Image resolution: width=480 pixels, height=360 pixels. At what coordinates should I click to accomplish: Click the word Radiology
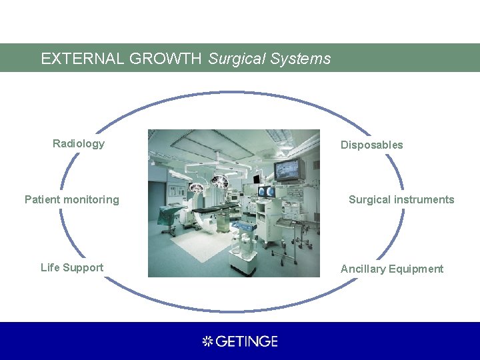tap(79, 143)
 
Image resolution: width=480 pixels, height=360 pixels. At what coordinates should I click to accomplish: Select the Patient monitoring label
tap(72, 199)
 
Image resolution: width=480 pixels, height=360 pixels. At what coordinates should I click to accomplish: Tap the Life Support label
tap(72, 267)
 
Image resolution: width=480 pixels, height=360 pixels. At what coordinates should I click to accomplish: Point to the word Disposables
tap(372, 145)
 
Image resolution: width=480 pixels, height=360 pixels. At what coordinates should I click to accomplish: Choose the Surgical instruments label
tap(401, 199)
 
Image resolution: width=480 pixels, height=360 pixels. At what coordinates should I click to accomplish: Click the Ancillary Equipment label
tap(392, 269)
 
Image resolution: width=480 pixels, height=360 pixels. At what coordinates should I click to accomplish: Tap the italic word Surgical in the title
tap(236, 59)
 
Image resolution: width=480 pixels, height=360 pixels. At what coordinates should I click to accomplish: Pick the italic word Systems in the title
tap(301, 59)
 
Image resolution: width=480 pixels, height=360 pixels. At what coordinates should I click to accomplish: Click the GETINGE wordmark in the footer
tap(247, 341)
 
